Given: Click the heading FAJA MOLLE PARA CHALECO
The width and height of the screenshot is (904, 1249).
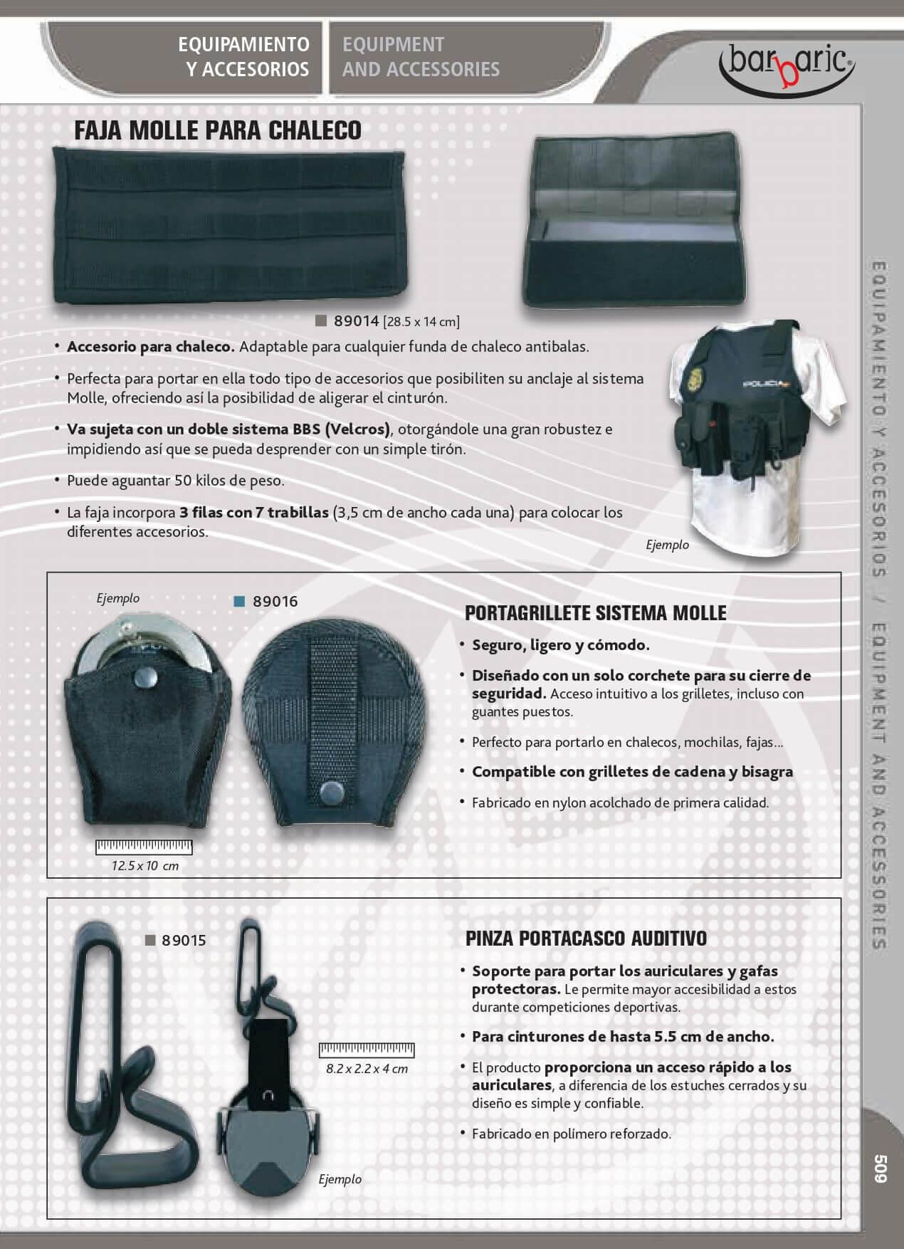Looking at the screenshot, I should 218,130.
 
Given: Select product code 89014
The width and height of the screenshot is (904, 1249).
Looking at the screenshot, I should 356,321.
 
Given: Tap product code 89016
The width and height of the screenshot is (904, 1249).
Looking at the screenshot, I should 275,601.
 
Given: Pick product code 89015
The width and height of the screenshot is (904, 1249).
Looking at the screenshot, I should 184,940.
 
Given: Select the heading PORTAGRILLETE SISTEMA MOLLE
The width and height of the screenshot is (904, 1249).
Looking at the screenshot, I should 595,612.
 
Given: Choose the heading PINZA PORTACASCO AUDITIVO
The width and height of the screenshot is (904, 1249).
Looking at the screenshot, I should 586,939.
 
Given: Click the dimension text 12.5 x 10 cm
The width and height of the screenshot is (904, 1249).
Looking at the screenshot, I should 145,866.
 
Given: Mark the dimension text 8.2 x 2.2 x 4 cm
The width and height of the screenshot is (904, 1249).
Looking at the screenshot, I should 367,1068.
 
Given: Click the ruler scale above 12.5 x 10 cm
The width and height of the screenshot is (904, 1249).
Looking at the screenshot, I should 144,847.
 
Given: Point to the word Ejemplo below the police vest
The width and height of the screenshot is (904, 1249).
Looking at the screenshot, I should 667,545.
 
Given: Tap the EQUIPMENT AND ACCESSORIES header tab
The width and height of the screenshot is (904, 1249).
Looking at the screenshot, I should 421,57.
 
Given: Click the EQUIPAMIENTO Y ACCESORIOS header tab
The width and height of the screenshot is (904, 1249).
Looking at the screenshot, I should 243,57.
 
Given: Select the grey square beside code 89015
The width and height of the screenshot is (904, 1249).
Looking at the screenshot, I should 150,940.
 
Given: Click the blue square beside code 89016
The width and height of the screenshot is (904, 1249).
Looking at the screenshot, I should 239,601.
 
